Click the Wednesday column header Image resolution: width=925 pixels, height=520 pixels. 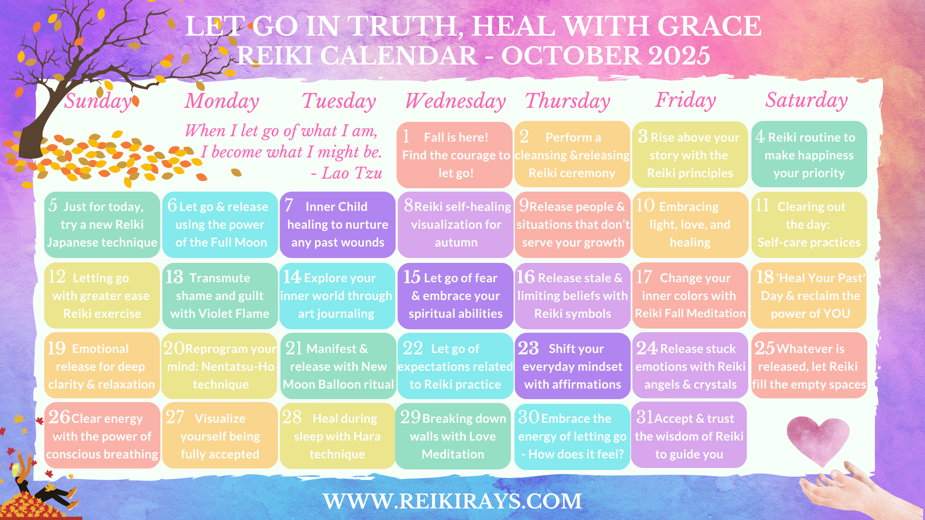pos(455,101)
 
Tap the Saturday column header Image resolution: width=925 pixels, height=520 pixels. pos(806,101)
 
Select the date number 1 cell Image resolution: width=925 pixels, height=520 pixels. pos(454,155)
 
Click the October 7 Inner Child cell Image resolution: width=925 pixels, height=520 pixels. pos(337,225)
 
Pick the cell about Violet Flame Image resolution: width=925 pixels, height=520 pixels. pos(220,296)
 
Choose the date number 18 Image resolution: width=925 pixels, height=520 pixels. pos(765,277)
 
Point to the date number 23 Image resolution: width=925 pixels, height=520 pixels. pos(528,348)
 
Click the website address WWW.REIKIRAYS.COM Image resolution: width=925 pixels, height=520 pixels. pos(452,501)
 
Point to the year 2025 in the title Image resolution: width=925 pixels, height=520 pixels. pos(679,56)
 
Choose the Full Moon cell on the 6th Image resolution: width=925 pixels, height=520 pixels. pos(220,225)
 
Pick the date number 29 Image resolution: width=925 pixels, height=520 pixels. pos(410,417)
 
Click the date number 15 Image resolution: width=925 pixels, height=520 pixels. pos(412,277)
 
